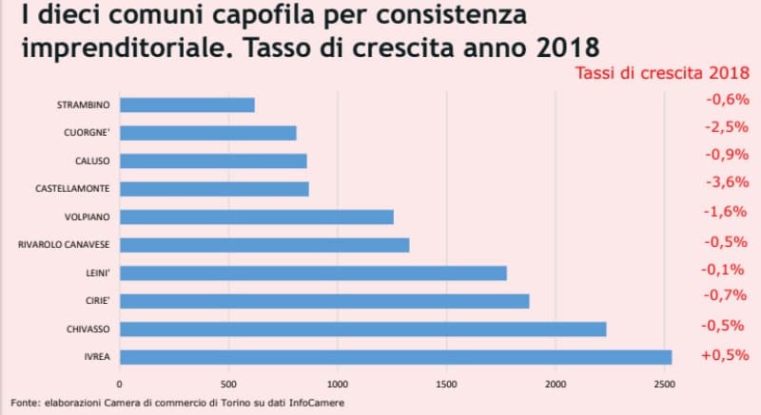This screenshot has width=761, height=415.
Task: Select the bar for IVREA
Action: coord(396,357)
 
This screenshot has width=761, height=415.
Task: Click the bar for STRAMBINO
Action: coord(187,105)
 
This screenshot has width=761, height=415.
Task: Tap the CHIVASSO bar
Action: coord(362,329)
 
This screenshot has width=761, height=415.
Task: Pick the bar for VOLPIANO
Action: coord(257,217)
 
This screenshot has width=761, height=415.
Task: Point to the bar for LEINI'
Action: coord(313,274)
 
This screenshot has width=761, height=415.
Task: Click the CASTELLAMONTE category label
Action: coord(72,189)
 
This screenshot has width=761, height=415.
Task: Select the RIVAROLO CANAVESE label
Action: coord(64,245)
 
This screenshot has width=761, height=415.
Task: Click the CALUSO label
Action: coord(92,161)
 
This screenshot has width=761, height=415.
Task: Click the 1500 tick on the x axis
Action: coord(445,385)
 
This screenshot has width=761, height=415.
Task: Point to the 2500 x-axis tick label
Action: coord(663,385)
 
